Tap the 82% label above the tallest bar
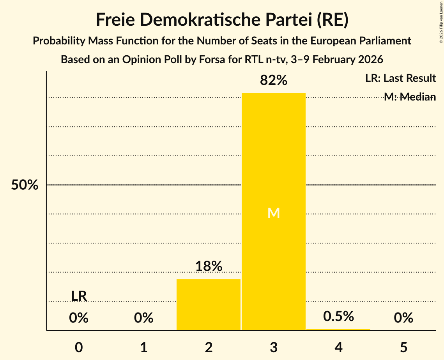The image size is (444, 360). point(274,81)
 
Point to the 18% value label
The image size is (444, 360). point(209,266)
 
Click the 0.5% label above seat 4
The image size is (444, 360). point(338,316)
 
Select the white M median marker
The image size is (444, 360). point(274,213)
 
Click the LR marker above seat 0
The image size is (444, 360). point(79,296)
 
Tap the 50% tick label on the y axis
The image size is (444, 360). point(25,185)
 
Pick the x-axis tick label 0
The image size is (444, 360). point(79,347)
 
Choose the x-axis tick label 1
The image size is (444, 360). point(144,347)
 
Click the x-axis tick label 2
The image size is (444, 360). point(209,347)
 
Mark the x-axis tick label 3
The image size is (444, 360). point(274,347)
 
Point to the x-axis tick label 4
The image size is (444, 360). point(338,347)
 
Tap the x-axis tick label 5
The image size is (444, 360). point(403,347)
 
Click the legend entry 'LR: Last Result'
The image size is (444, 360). point(400,78)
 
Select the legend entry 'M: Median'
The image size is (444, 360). point(410,97)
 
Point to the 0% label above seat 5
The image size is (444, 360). point(403,318)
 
